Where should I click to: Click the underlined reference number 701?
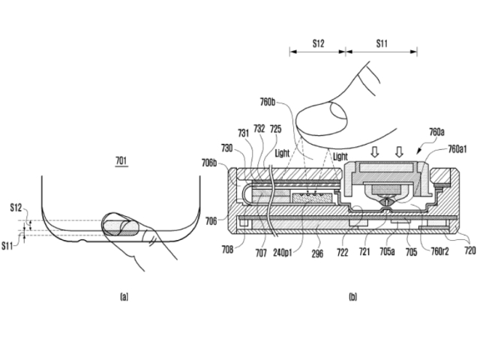point(121,160)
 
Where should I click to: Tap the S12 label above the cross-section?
point(318,43)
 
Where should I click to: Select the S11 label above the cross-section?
point(382,43)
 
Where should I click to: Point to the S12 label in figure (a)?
point(16,208)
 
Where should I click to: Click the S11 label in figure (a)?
point(7,246)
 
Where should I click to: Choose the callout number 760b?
point(268,102)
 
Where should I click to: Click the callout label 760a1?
point(457,149)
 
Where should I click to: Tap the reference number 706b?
point(209,163)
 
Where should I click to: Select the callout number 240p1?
point(283,253)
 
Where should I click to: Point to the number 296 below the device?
point(317,253)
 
